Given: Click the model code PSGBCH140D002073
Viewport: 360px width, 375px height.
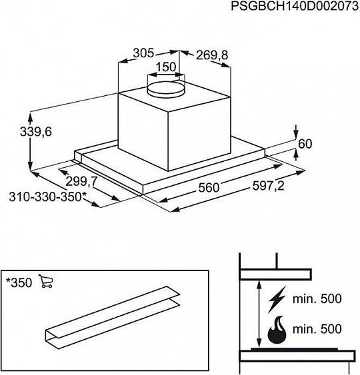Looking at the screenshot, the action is point(295,7).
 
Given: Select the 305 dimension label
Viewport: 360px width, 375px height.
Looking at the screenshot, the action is point(143,53).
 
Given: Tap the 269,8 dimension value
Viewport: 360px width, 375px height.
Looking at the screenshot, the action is point(212,55).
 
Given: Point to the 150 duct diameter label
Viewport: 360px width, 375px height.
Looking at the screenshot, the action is point(166,67).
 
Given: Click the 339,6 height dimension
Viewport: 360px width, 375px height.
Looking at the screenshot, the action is point(35,132).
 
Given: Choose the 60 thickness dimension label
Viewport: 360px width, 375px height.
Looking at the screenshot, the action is point(305,144).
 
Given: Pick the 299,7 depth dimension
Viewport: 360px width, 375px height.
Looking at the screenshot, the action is point(81,182).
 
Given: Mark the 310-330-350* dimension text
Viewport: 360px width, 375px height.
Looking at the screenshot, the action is point(47,197).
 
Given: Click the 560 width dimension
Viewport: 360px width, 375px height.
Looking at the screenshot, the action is point(209,188).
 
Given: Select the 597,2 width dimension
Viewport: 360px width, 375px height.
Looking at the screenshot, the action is point(268,186).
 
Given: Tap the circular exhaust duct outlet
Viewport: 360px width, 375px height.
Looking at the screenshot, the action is point(166,89).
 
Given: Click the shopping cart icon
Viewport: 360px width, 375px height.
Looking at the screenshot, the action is point(46,281).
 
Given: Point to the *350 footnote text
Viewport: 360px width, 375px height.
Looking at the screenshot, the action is point(19,282).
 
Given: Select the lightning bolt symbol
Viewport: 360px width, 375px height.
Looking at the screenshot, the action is point(277,300).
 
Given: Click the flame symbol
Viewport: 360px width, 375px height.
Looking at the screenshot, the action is point(277,330).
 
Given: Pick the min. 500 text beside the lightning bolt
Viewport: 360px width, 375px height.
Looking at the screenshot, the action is point(317,298).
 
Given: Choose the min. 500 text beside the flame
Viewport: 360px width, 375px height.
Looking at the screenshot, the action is point(317,329).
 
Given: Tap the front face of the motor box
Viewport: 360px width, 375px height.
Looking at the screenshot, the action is point(143,132).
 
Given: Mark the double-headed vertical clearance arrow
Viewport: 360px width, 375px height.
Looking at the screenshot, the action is point(259,313).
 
